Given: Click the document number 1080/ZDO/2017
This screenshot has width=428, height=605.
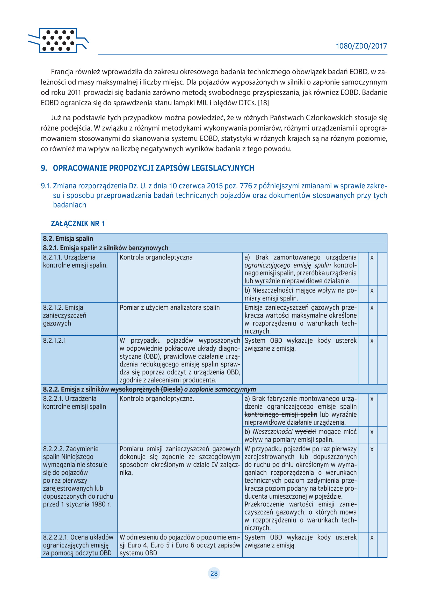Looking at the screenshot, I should click(x=361, y=46).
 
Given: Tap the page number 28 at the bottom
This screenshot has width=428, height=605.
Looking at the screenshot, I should click(x=214, y=573).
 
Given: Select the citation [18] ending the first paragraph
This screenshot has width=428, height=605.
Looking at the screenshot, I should click(x=263, y=103).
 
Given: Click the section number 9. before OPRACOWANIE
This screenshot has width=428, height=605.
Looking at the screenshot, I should click(x=44, y=168).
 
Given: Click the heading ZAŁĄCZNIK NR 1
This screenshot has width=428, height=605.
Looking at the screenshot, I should click(x=78, y=224).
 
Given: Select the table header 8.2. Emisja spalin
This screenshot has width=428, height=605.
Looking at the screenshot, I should click(x=68, y=239).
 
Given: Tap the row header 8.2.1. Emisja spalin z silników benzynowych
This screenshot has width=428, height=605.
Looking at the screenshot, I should click(x=105, y=248).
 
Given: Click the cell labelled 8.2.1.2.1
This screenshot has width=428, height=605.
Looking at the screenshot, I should click(x=55, y=341).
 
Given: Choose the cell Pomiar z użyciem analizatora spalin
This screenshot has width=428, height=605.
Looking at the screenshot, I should click(x=170, y=307).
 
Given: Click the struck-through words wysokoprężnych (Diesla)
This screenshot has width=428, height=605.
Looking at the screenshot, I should click(x=146, y=389).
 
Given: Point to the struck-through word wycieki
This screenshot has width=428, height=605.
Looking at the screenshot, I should click(x=305, y=432).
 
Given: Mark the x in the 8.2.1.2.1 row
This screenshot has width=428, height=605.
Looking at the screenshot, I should click(x=372, y=341).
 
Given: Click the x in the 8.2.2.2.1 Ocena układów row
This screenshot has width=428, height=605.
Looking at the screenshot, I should click(x=372, y=537).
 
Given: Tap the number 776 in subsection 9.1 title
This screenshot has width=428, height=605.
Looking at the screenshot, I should click(x=246, y=186).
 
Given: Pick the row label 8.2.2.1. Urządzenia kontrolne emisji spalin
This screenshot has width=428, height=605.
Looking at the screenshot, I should click(x=74, y=402).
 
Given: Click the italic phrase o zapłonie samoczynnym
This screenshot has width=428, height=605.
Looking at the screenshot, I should click(x=220, y=389).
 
